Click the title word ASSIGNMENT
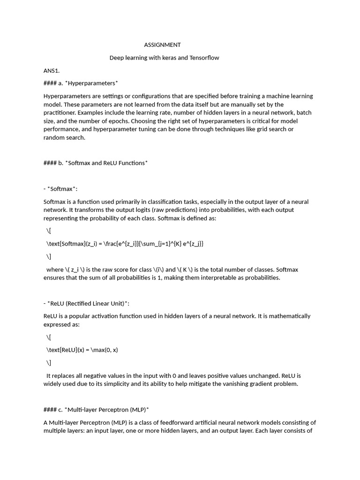pos(162,45)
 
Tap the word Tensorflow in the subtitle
pos(202,58)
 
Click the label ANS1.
pos(52,71)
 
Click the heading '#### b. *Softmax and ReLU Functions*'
pos(96,163)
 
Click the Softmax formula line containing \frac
pos(125,244)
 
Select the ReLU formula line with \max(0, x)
pos(86,350)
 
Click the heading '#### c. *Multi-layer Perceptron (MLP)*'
pos(96,410)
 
